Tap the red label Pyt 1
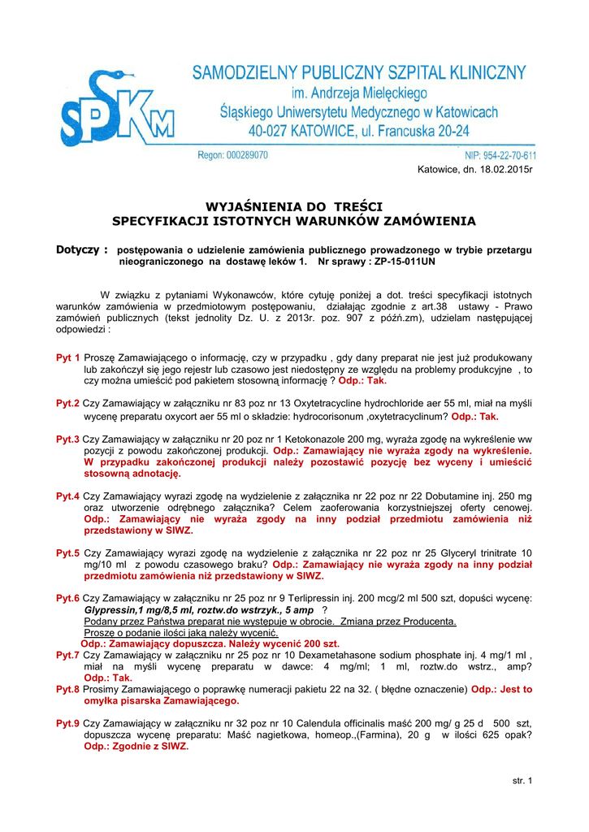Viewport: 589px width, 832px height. click(67, 357)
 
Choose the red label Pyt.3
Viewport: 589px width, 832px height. click(67, 439)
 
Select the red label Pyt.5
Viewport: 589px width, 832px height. click(67, 553)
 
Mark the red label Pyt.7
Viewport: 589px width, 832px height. click(67, 655)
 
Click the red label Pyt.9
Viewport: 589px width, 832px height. click(67, 723)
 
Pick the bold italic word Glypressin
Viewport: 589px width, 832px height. click(115, 610)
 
